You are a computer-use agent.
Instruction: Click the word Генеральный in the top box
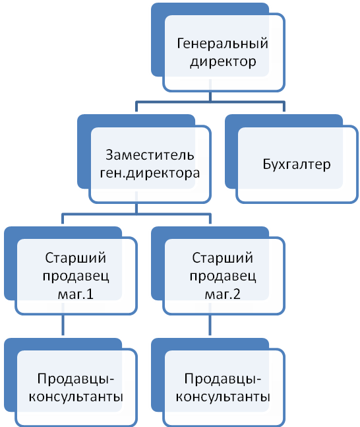(x=222, y=44)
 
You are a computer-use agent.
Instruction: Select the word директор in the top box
(x=223, y=62)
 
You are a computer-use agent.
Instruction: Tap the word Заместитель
(x=150, y=155)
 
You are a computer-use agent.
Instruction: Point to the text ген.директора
(x=150, y=173)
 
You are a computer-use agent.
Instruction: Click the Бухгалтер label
(x=297, y=164)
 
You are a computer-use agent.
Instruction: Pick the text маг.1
(x=76, y=294)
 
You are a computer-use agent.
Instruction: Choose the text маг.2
(x=223, y=294)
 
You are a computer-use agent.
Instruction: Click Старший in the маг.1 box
(x=75, y=258)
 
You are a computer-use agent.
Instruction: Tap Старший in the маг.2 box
(x=222, y=258)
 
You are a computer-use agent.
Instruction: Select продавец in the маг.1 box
(x=76, y=276)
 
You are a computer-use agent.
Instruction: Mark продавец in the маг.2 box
(x=223, y=276)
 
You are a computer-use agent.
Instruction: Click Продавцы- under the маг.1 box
(x=76, y=379)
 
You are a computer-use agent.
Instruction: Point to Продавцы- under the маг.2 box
(x=223, y=379)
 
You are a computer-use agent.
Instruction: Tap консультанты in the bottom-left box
(x=76, y=397)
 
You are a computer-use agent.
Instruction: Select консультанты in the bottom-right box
(x=223, y=397)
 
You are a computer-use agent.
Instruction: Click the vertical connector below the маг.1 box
(x=63, y=325)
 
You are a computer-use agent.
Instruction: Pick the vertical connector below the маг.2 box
(x=210, y=325)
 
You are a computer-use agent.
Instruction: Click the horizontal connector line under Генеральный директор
(x=210, y=102)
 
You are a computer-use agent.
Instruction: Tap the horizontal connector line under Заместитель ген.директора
(x=136, y=214)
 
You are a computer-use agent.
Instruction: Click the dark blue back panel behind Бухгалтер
(x=231, y=152)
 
